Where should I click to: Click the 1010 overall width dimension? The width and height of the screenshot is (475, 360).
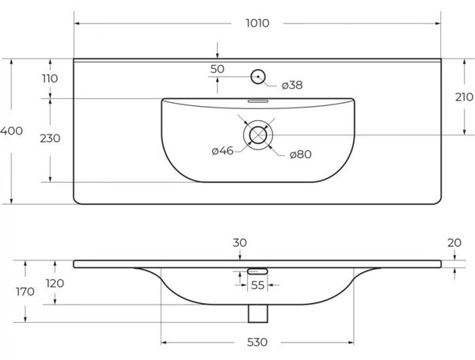(x=257, y=23)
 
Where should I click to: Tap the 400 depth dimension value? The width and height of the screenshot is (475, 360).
(x=11, y=131)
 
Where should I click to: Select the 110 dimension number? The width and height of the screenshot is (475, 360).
(x=50, y=78)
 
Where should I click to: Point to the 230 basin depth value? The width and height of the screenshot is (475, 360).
(x=50, y=138)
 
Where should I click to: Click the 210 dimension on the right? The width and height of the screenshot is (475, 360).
(x=464, y=97)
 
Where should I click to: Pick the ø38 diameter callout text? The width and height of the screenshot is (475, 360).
(x=292, y=85)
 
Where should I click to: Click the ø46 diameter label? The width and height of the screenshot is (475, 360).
(x=222, y=150)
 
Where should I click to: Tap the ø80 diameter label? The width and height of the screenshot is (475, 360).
(x=301, y=154)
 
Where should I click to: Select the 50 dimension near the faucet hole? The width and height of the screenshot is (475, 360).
(x=217, y=69)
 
